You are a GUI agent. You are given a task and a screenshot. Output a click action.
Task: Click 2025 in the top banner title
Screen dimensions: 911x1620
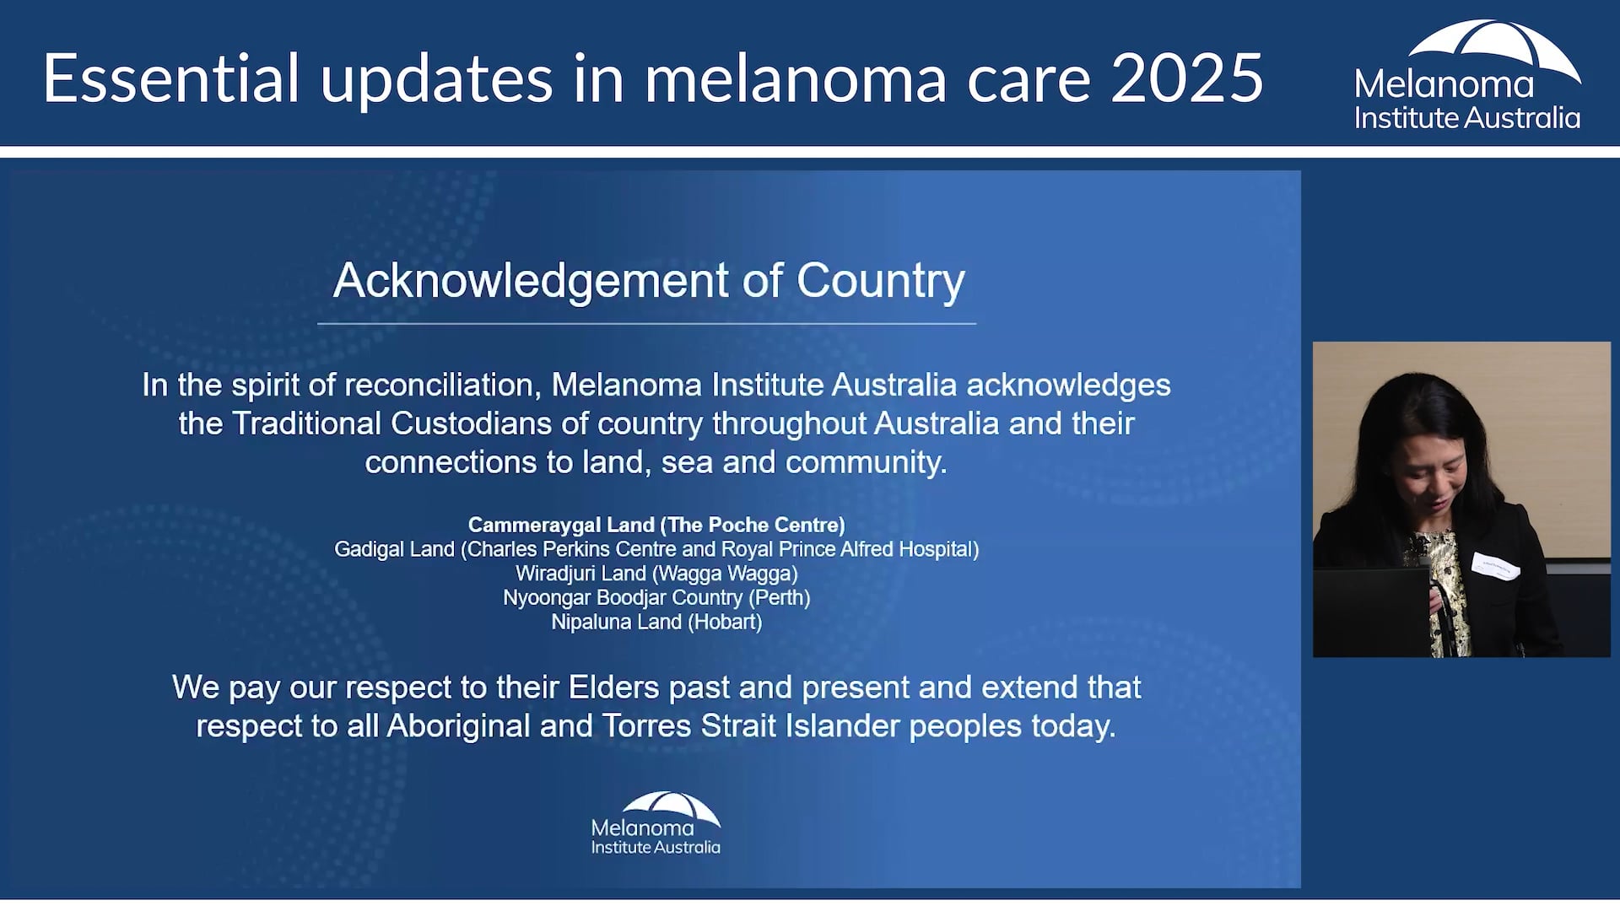coord(1186,78)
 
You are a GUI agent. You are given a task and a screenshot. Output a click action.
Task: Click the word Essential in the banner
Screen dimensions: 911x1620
coord(171,78)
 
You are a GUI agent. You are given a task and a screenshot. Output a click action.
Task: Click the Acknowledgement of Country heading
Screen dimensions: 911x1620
coord(648,280)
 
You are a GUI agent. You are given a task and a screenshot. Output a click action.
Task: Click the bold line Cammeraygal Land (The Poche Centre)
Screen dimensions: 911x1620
coord(656,525)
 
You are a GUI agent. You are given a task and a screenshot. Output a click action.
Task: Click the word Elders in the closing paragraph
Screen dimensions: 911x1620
coord(613,687)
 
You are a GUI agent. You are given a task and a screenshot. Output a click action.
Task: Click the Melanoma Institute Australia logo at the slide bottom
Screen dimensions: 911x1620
coord(656,824)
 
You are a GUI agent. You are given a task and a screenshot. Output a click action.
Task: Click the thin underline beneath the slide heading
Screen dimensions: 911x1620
coord(646,324)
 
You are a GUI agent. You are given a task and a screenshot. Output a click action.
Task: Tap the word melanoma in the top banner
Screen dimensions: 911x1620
coord(796,78)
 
